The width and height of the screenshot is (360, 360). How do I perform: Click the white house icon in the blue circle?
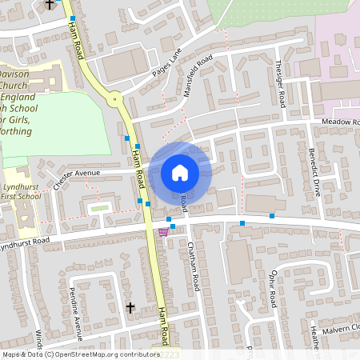(x=179, y=172)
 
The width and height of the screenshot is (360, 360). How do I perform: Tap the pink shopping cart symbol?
(x=163, y=232)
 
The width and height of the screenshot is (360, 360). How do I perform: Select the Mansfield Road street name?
(x=198, y=75)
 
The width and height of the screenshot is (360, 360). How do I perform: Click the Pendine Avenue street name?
(x=76, y=304)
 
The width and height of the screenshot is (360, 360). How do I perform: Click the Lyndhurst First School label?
(x=22, y=191)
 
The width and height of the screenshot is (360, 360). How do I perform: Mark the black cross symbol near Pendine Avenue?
(x=130, y=307)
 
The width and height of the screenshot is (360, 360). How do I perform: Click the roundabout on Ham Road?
(x=116, y=100)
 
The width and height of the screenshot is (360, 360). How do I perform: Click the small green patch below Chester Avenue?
(x=99, y=208)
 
